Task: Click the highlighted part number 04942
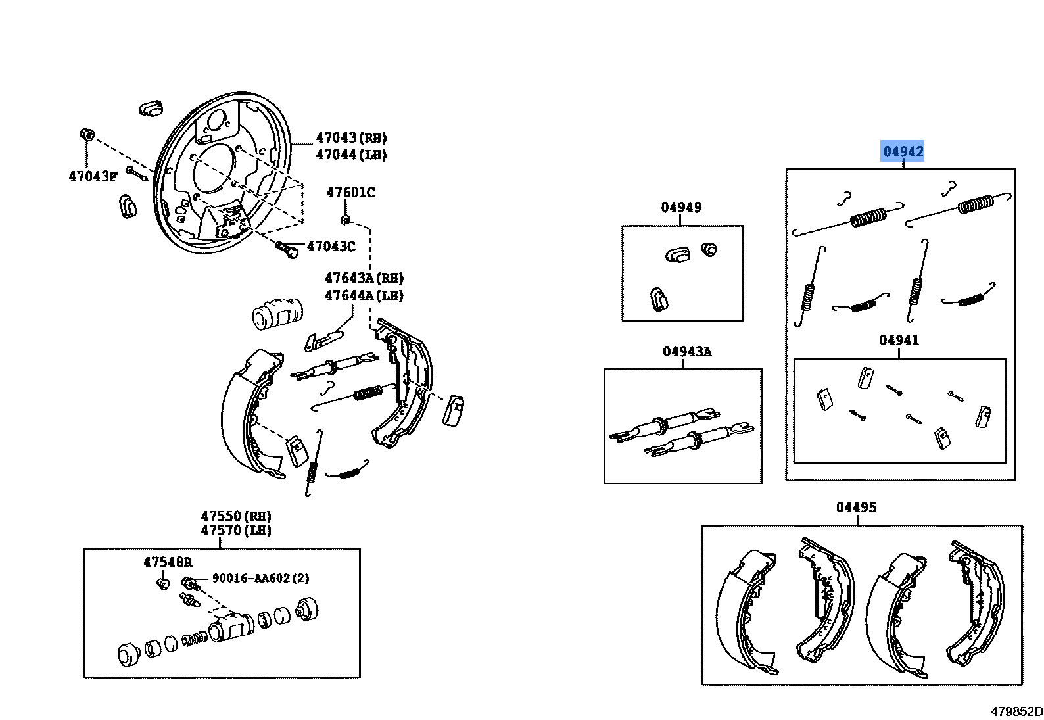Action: [x=903, y=151]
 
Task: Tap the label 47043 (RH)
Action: [x=352, y=137]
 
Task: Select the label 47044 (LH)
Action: [x=352, y=155]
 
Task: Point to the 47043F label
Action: [x=93, y=176]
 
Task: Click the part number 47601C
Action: [x=350, y=192]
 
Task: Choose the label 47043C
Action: [x=331, y=246]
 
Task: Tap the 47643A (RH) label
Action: [x=364, y=277]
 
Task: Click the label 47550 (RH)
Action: [x=236, y=516]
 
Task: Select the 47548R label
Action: [x=168, y=562]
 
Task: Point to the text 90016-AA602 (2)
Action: [x=260, y=578]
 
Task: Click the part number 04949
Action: [x=681, y=207]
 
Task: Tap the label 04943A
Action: [x=687, y=351]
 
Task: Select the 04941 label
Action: [x=899, y=340]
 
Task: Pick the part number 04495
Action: [x=856, y=507]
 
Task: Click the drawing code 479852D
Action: [x=1016, y=711]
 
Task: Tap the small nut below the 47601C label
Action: [x=345, y=220]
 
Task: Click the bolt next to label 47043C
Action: [x=287, y=249]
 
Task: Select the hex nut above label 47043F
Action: [x=87, y=135]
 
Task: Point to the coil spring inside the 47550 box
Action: [x=193, y=638]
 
